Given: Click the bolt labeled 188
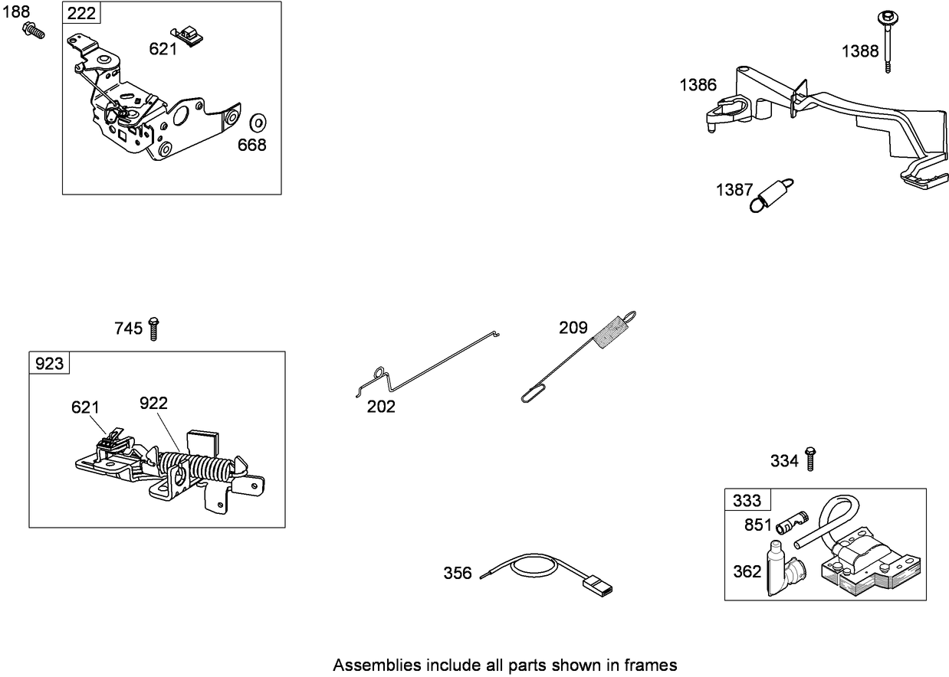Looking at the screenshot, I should pyautogui.click(x=33, y=30).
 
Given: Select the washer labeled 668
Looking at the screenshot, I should pyautogui.click(x=258, y=123).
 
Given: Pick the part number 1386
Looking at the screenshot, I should pyautogui.click(x=698, y=85).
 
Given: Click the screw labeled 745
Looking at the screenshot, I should pyautogui.click(x=153, y=328).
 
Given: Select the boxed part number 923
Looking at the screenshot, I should pyautogui.click(x=49, y=363).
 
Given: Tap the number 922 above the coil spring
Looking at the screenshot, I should pyautogui.click(x=154, y=403).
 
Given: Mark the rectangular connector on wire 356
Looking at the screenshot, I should pyautogui.click(x=599, y=588).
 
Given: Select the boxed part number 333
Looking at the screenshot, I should pyautogui.click(x=747, y=501).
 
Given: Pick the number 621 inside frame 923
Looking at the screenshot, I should pyautogui.click(x=86, y=407).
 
